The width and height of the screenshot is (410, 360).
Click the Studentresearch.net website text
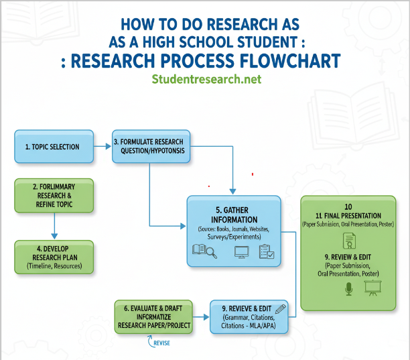click(x=206, y=79)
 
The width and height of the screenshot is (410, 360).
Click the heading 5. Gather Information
click(x=232, y=215)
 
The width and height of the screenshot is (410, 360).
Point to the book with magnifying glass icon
click(x=204, y=252)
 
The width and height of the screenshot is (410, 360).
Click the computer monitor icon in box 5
click(x=241, y=253)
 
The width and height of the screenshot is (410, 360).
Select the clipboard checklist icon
click(x=266, y=252)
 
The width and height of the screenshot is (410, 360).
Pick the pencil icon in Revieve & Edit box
click(x=279, y=308)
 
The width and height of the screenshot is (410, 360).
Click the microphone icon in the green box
click(x=348, y=289)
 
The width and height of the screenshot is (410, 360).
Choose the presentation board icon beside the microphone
click(x=372, y=288)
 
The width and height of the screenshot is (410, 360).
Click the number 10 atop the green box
click(x=348, y=206)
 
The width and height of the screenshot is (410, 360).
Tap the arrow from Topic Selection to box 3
click(x=103, y=145)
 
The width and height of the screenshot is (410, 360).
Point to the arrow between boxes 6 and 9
click(x=202, y=316)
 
